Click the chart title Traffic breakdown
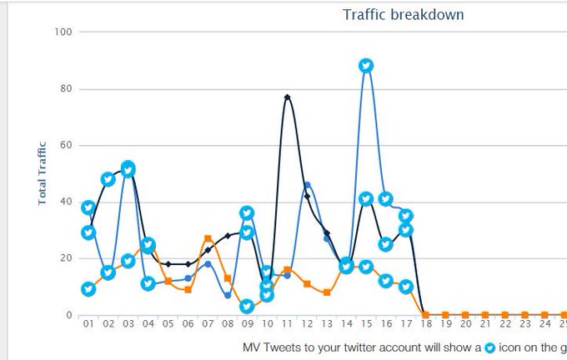pos(403,14)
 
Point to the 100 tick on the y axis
pos(64,32)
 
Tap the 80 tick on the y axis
pos(67,88)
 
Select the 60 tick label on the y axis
pos(67,145)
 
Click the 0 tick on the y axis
pos(70,315)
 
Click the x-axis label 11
pos(287,325)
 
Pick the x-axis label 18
pos(426,325)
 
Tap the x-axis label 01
pos(88,325)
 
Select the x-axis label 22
pos(505,325)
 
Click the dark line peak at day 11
pos(287,97)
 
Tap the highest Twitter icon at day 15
pos(366,66)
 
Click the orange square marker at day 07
pos(208,239)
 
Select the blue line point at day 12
pos(307,185)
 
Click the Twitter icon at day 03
pos(128,168)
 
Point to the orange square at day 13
pos(327,292)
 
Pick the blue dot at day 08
pos(228,295)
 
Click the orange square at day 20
pos(465,315)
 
